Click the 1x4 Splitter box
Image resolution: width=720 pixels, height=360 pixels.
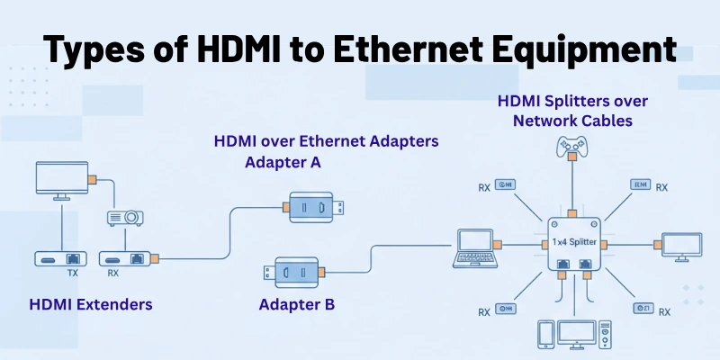(572, 242)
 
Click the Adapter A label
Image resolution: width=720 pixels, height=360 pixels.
(283, 163)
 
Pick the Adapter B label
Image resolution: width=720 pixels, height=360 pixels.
(297, 304)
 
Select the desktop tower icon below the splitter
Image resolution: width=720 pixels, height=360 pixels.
(599, 334)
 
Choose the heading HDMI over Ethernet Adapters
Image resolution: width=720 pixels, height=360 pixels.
(325, 141)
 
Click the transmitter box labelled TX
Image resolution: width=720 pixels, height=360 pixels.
(59, 257)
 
